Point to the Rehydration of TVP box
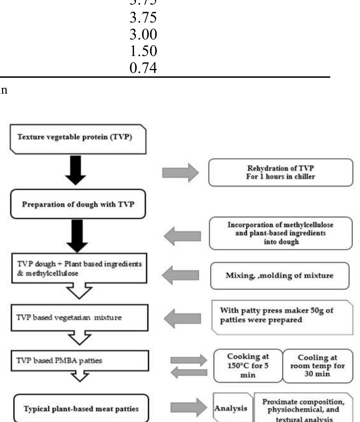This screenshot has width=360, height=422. click(280, 172)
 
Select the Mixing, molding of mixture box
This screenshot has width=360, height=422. click(280, 275)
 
